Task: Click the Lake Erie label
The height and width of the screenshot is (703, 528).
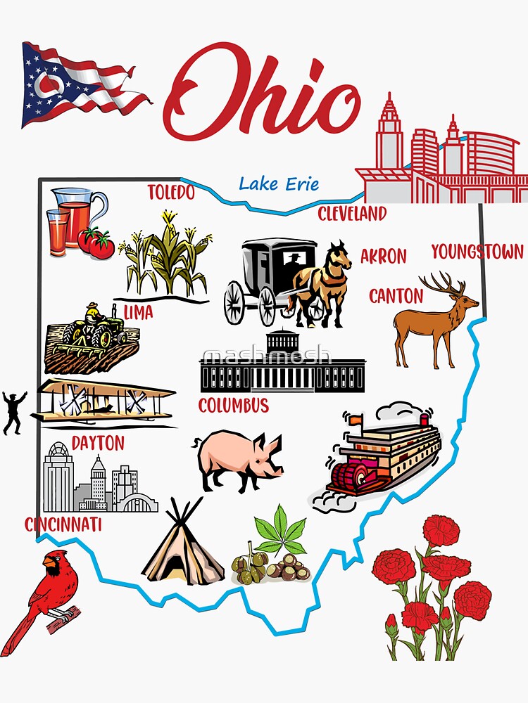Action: [278, 184]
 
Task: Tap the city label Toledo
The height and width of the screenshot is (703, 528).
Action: [170, 192]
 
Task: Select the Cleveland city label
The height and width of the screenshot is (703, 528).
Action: [352, 214]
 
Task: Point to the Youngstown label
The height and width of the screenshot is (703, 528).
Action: [477, 252]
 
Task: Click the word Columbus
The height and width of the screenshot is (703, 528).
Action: [233, 406]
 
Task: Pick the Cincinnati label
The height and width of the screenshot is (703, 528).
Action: [63, 524]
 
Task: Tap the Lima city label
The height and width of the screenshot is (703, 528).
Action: [138, 312]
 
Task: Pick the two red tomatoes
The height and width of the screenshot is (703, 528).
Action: [96, 243]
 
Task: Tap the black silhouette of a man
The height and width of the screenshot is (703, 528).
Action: [13, 411]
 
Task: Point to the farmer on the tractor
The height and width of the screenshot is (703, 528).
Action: [94, 320]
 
